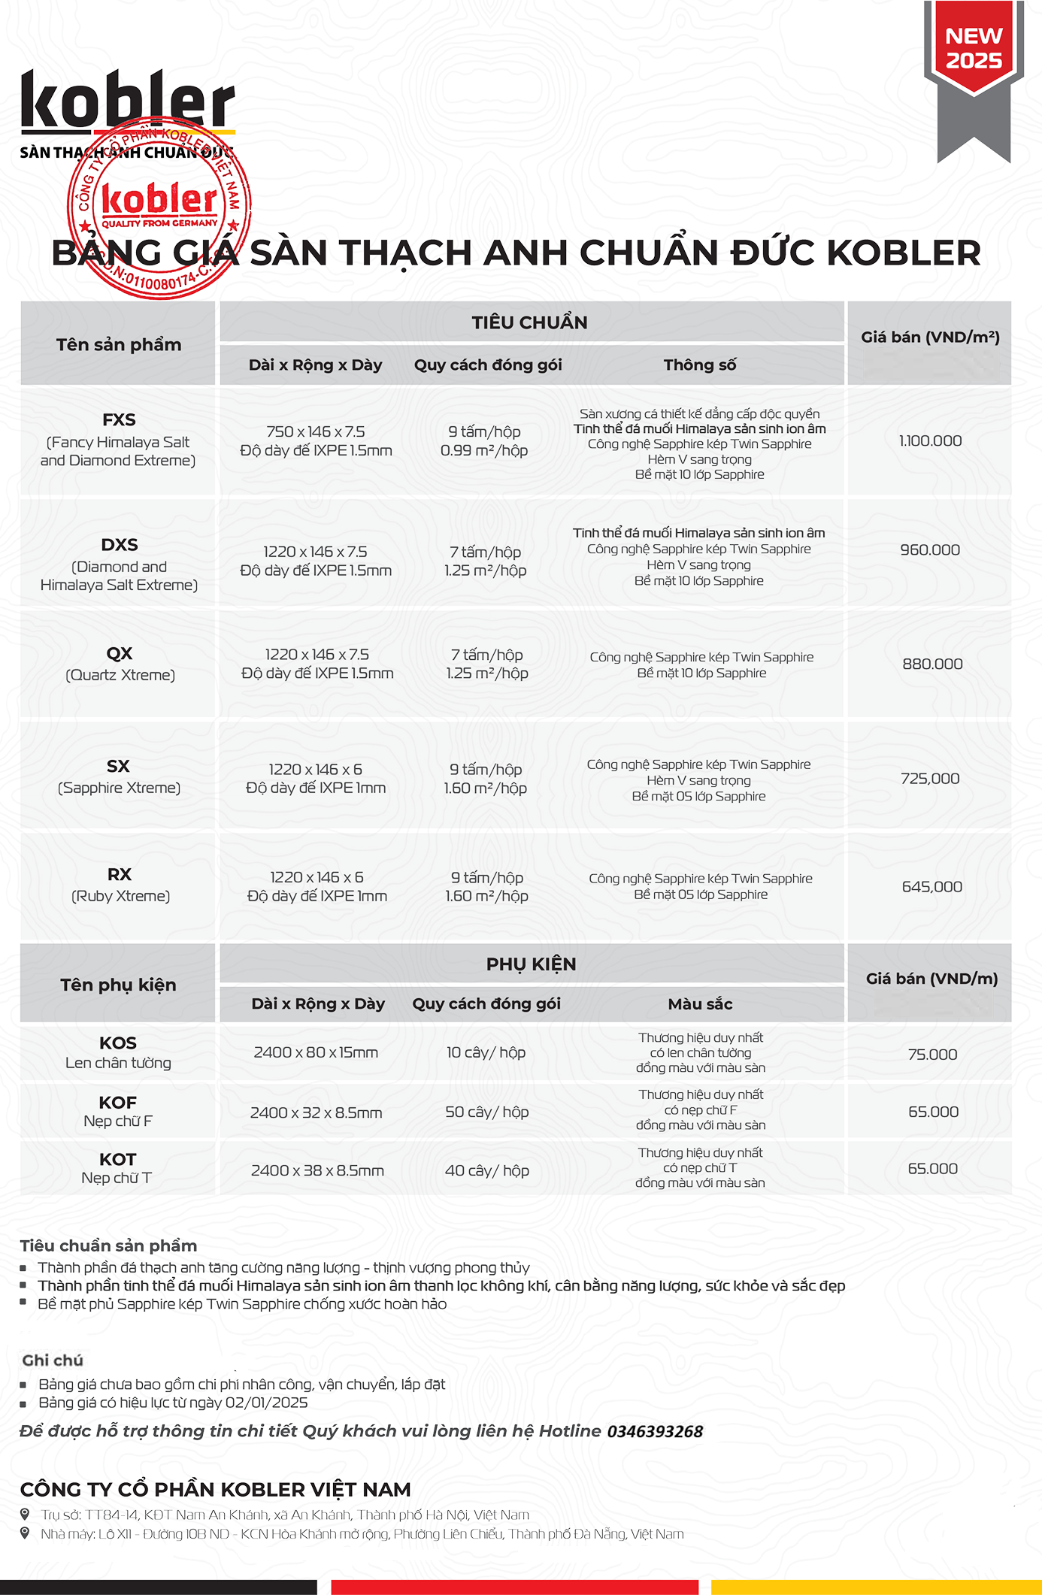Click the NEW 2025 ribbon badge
point(974,50)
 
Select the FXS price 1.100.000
point(930,441)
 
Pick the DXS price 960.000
point(930,550)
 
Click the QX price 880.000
point(932,664)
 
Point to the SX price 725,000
point(930,779)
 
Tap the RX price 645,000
point(931,887)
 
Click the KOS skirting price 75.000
point(932,1055)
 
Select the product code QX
point(120,654)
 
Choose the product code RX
point(120,875)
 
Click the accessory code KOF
point(118,1103)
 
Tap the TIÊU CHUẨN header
point(530,323)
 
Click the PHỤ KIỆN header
point(531,964)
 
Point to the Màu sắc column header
point(700,1004)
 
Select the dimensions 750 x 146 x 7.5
point(316,432)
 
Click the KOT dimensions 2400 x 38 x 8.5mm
point(317,1170)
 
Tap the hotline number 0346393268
point(655,1432)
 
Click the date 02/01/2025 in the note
point(266,1403)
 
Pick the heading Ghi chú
point(53,1360)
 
